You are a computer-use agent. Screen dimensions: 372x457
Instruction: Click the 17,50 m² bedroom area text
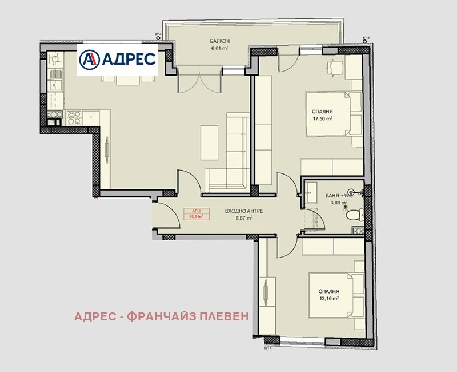[322, 119]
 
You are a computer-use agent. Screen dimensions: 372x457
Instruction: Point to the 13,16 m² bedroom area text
[328, 298]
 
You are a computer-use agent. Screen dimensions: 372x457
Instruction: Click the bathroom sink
[312, 192]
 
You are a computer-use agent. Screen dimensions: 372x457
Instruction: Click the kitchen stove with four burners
[73, 118]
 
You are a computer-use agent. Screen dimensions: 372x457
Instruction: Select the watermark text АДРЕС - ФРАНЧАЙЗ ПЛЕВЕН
[162, 316]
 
